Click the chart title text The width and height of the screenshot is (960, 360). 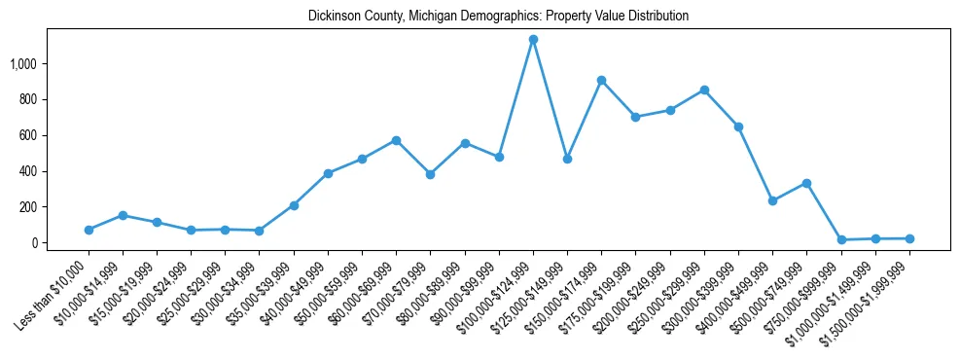pos(498,17)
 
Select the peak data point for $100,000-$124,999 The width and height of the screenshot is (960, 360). pos(533,40)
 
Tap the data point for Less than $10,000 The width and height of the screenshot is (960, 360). pos(89,230)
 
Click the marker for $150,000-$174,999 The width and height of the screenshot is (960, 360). pos(602,80)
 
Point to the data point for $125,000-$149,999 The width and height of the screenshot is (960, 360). pos(567,159)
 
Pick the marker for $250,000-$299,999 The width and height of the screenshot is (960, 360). pos(704,90)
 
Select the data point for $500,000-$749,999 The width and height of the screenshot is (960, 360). pos(807,183)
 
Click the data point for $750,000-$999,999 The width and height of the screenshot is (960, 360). pos(841,239)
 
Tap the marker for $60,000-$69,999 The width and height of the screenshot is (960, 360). pos(396,140)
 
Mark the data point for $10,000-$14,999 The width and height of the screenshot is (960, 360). pos(123,215)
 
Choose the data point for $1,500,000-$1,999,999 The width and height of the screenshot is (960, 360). pos(909,238)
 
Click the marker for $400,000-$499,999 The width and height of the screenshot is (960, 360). pos(772,200)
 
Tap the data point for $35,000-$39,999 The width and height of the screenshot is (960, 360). pos(294,205)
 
